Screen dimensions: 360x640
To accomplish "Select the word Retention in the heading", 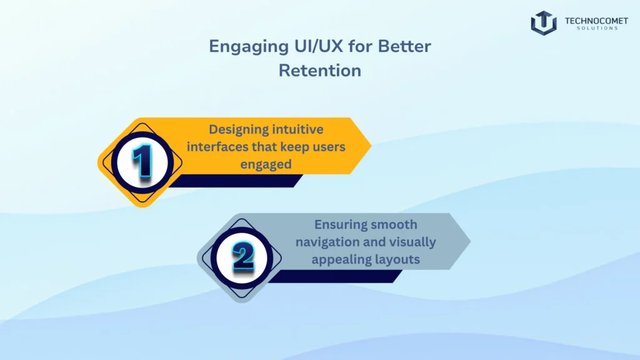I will [320, 71].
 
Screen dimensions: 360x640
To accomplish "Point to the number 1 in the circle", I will [142, 162].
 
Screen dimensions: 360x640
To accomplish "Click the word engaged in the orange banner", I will [266, 164].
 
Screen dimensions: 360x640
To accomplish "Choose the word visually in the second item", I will [411, 241].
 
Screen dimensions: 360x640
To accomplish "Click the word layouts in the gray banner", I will [396, 259].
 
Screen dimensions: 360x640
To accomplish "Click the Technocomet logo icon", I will [543, 23].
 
